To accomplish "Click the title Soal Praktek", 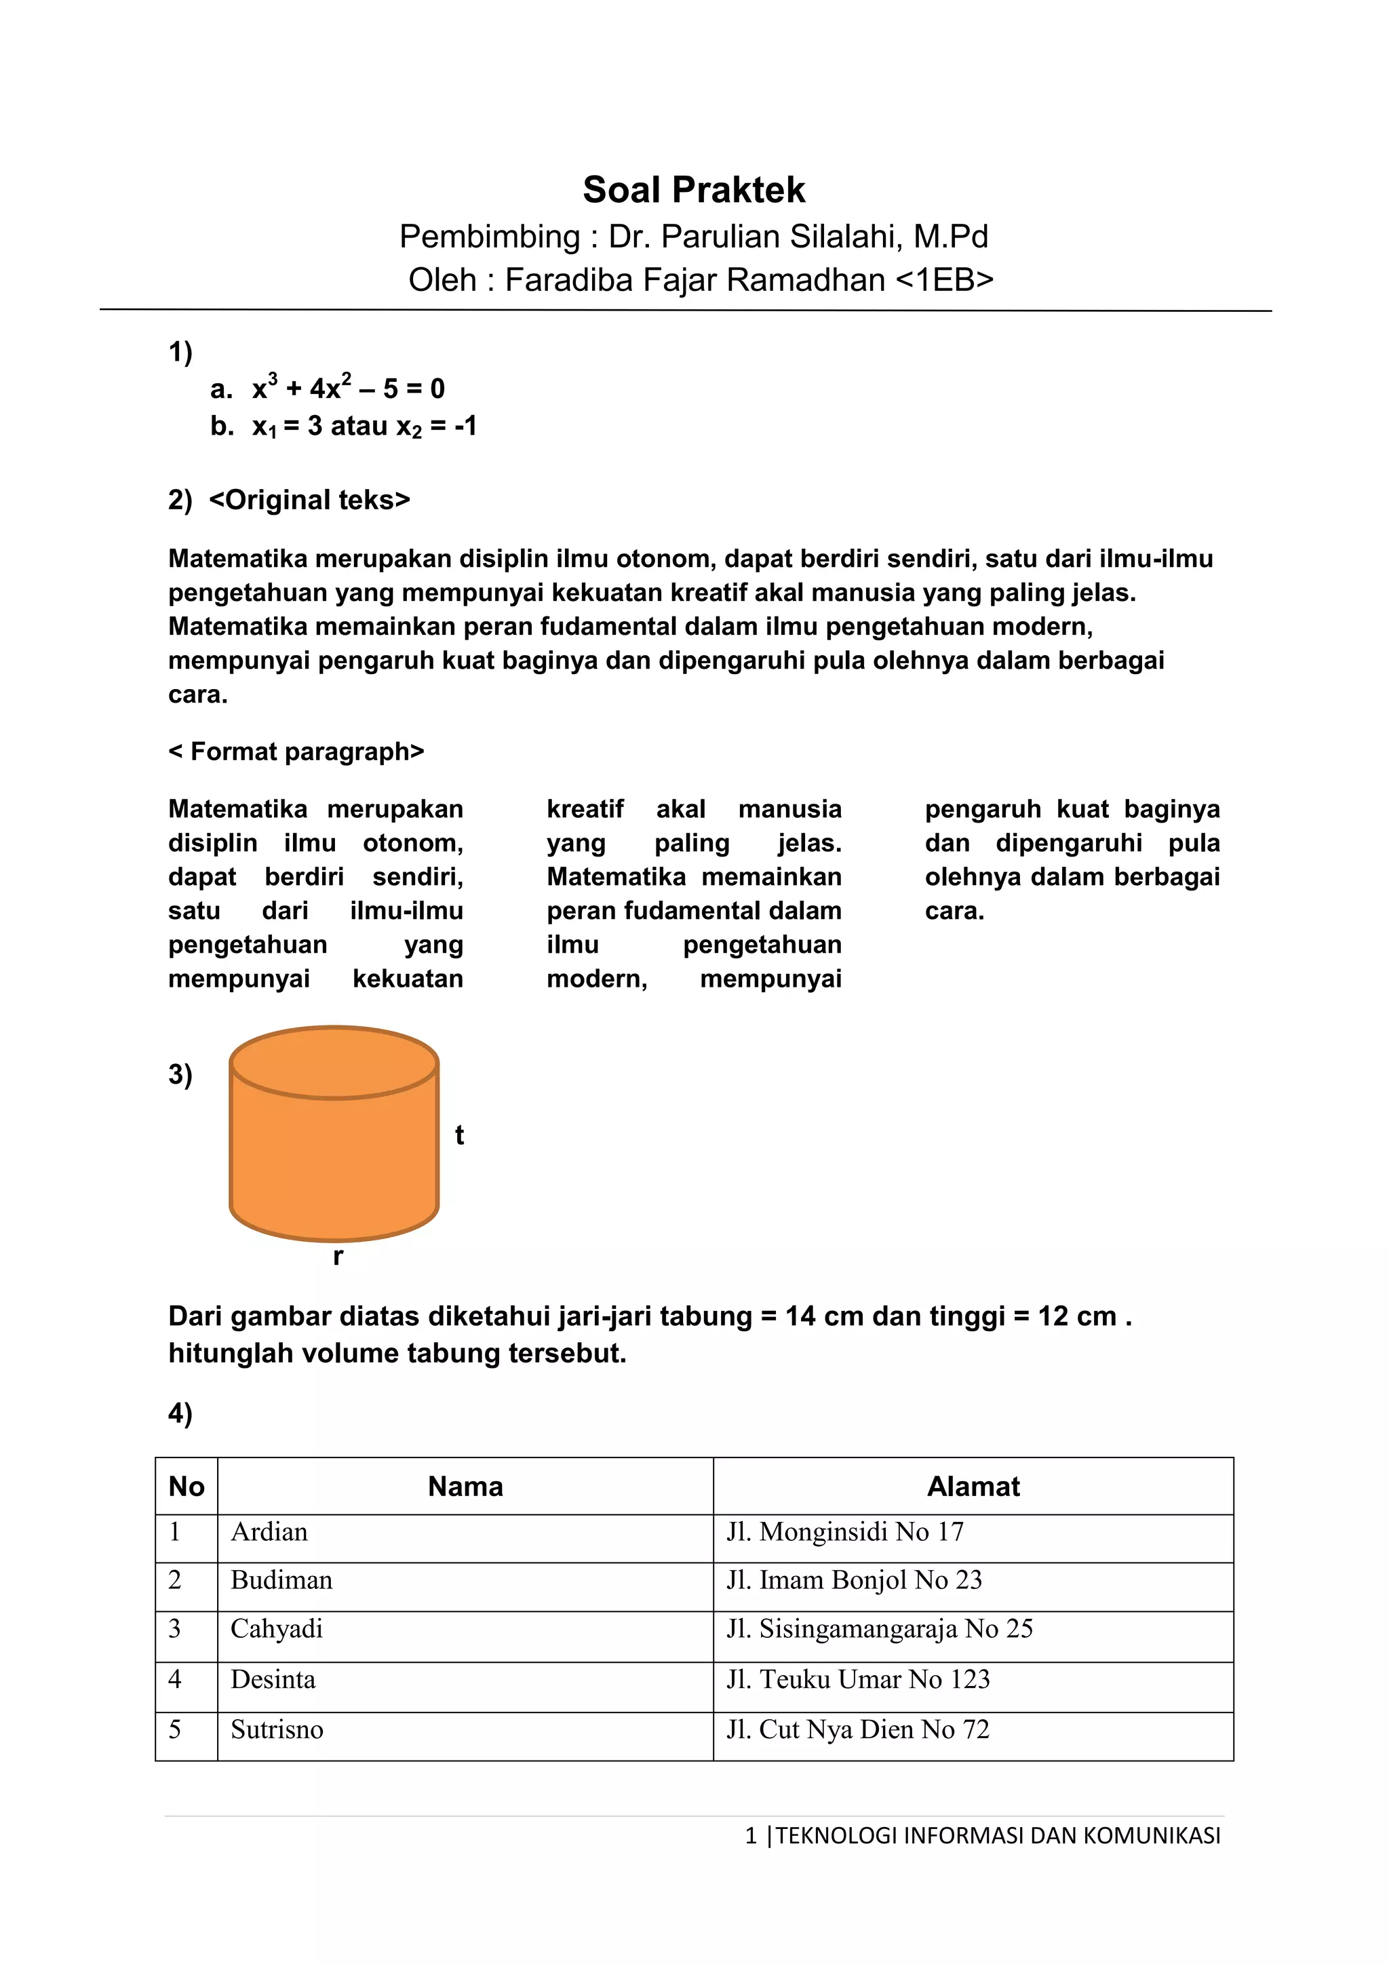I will click(694, 190).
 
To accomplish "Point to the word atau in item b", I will click(359, 426).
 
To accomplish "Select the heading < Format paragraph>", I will click(297, 752).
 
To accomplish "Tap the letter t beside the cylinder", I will click(459, 1135).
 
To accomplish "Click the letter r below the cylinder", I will click(338, 1257).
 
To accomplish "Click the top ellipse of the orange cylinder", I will click(334, 1063).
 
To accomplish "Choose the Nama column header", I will click(465, 1487).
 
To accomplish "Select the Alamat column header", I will click(973, 1487).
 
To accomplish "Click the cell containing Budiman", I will click(281, 1580).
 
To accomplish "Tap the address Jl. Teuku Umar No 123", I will click(858, 1679).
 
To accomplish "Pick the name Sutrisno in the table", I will click(277, 1729).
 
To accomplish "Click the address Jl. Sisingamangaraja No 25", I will click(879, 1629).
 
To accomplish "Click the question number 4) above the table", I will click(180, 1413).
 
